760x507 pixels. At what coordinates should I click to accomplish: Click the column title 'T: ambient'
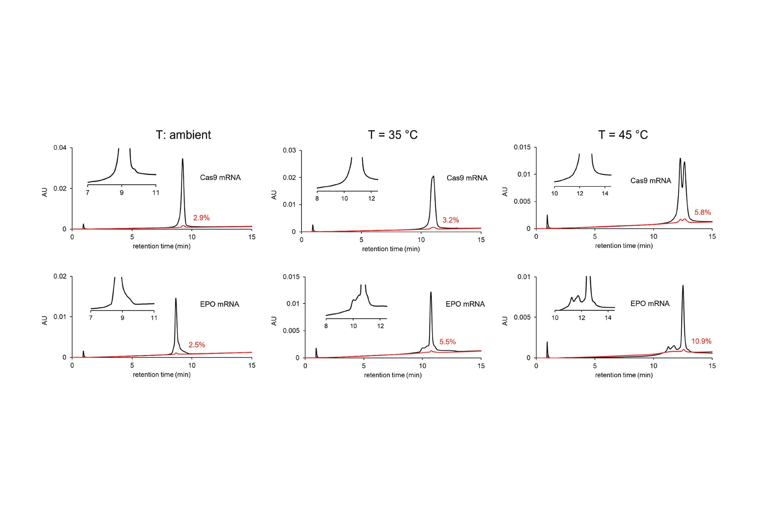pyautogui.click(x=183, y=135)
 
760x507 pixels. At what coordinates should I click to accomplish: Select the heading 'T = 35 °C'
pyautogui.click(x=393, y=135)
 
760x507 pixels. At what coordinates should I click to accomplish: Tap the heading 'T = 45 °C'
pyautogui.click(x=623, y=135)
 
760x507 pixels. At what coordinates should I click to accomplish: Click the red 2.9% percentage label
pyautogui.click(x=201, y=218)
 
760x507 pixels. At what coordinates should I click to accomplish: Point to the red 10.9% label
pyautogui.click(x=701, y=341)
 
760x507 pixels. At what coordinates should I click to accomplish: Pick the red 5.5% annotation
pyautogui.click(x=447, y=342)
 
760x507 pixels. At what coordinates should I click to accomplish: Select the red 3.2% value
pyautogui.click(x=451, y=220)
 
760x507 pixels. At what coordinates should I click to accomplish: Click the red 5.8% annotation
pyautogui.click(x=703, y=212)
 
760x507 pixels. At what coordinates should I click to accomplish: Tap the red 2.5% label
pyautogui.click(x=197, y=345)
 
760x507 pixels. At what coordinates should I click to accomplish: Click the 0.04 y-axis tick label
pyautogui.click(x=60, y=148)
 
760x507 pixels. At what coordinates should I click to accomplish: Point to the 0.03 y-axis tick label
pyautogui.click(x=289, y=150)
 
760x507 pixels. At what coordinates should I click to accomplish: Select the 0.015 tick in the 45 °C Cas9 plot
pyautogui.click(x=522, y=147)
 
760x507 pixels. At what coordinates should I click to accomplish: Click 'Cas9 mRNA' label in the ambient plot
pyautogui.click(x=220, y=178)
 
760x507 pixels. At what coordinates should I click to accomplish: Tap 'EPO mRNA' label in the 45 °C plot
pyautogui.click(x=650, y=304)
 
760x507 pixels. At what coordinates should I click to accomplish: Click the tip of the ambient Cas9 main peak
pyautogui.click(x=183, y=159)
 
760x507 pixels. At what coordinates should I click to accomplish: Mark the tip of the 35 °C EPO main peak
pyautogui.click(x=431, y=292)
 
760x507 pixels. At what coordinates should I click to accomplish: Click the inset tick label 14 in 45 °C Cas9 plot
pyautogui.click(x=605, y=193)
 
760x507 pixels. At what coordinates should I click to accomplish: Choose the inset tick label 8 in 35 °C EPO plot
pyautogui.click(x=326, y=326)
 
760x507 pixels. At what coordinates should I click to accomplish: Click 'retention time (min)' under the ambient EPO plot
pyautogui.click(x=161, y=375)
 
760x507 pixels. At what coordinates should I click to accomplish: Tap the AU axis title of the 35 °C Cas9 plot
pyautogui.click(x=274, y=195)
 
